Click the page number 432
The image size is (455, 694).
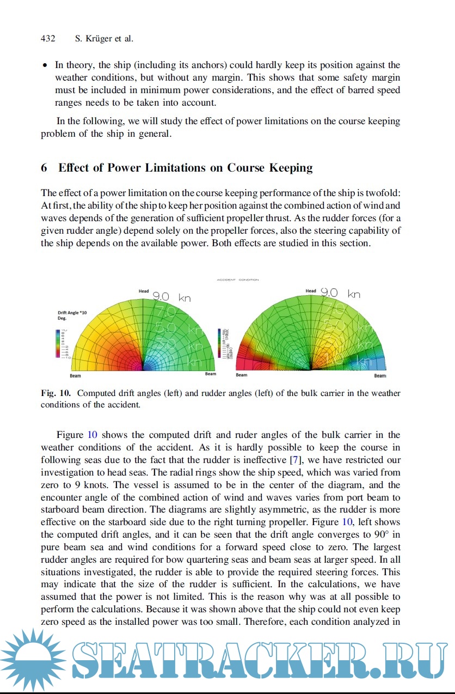48,39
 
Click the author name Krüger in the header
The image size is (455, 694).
95,39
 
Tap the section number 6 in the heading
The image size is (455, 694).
44,168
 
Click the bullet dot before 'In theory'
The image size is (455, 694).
45,65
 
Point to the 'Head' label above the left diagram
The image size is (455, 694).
144,291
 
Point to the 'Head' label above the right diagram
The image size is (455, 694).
311,291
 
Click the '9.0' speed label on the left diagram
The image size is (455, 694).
161,297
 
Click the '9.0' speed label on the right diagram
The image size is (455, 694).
329,293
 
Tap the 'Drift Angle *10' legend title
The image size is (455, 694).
72,313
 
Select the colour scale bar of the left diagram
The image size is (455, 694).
57,343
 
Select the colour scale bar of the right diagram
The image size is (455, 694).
220,343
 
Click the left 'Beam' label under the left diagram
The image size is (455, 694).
75,376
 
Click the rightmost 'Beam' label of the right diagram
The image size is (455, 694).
380,376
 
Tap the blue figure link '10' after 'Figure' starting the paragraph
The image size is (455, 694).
93,435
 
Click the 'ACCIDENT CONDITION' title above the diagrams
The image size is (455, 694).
238,280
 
